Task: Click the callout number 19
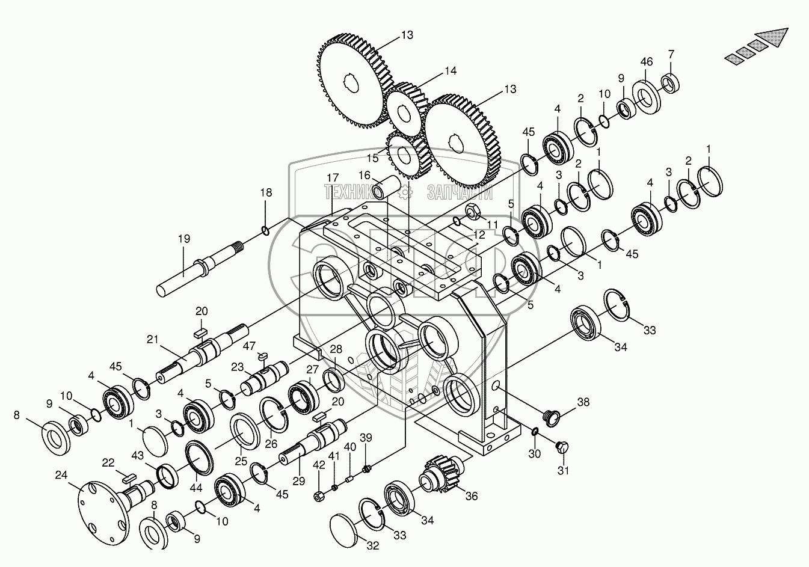(183, 239)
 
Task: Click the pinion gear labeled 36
(442, 474)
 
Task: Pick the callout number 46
(646, 61)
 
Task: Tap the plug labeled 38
(550, 414)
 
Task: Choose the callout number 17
(333, 177)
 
